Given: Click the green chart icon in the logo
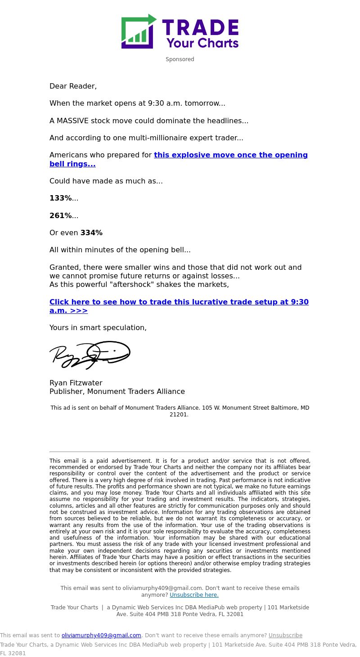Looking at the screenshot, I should coord(137,32).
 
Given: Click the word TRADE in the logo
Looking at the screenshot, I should coord(200,27).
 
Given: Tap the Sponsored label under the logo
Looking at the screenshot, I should coord(180,59).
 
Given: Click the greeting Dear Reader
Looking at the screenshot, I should coord(73,86).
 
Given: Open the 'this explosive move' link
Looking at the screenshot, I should coord(230,155).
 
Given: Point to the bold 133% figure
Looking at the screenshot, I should coord(60,198).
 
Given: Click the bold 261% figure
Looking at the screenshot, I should coord(60,216).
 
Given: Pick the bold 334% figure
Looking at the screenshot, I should coord(91,233).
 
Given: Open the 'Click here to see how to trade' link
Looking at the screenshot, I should coord(179,302).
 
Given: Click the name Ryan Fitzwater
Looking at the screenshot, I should coord(76,383).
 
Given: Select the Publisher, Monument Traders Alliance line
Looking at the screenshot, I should coord(117,392).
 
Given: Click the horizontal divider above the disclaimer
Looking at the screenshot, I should coord(180,451).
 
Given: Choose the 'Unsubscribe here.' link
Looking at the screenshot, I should coord(194,595).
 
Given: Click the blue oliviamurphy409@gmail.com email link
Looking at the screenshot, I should coord(101,635).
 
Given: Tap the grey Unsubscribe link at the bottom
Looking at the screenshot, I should coord(285,635).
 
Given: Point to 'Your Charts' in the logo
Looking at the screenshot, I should coord(202,43).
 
